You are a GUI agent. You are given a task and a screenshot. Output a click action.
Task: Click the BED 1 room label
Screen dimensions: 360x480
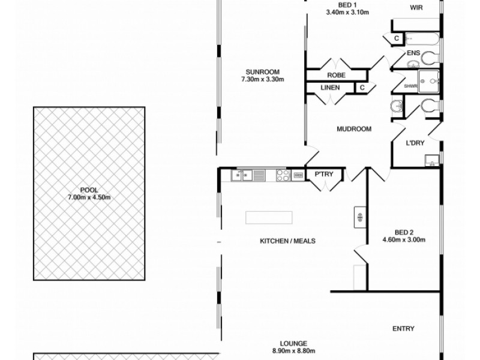click(x=345, y=5)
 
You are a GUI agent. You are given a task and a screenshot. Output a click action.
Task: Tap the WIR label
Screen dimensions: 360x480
click(x=417, y=8)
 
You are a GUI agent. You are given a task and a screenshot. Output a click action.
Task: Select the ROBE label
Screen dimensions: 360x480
click(x=335, y=76)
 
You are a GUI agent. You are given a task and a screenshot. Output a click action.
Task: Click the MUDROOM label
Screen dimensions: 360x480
click(x=353, y=129)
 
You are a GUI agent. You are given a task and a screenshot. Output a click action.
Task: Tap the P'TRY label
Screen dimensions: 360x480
click(x=324, y=175)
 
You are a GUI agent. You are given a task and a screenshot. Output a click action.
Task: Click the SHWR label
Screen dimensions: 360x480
click(x=410, y=86)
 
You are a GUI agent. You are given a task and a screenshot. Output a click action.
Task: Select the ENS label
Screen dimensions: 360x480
click(x=413, y=53)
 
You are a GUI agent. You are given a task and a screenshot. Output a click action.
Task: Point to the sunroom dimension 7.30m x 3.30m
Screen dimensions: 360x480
click(x=262, y=79)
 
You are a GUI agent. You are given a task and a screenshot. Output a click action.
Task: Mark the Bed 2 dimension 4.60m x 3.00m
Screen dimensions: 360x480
click(x=404, y=240)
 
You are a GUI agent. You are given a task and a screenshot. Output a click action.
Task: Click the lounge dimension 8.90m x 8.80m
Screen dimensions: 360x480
click(x=293, y=351)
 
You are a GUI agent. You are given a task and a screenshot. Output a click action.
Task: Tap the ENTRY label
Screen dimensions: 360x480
click(x=403, y=328)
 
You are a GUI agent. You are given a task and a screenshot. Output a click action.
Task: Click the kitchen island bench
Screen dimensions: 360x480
click(x=269, y=217)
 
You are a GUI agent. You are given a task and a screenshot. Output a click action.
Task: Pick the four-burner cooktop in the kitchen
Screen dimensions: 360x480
click(x=283, y=175)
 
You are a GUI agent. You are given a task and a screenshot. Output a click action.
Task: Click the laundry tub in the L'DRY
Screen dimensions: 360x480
click(x=432, y=161)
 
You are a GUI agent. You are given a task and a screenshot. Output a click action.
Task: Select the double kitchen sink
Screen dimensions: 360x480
click(x=241, y=175)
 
